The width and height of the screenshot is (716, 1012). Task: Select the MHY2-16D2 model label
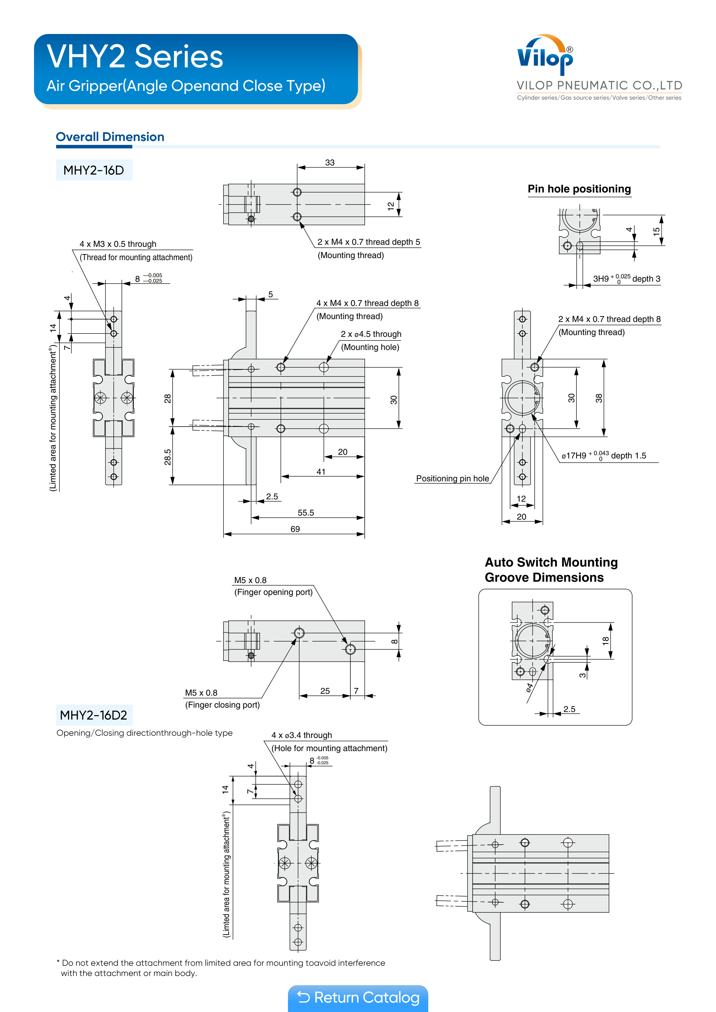94,715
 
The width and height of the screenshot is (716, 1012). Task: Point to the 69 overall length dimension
295,529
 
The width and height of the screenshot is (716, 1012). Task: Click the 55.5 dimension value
306,513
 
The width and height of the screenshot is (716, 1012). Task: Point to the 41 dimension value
321,472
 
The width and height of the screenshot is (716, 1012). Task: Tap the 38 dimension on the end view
599,398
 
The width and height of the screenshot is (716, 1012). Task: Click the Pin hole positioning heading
579,189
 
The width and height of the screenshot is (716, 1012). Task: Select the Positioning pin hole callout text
453,479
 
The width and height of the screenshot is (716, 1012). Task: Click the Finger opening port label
273,592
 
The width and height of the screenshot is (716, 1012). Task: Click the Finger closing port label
222,705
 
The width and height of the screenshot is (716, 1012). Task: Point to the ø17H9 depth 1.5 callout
604,456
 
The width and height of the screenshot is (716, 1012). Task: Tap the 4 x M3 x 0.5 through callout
118,244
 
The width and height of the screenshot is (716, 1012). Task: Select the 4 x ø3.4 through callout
302,735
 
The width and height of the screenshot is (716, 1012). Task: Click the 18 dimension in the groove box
606,641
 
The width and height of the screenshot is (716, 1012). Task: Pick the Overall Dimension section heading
110,137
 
